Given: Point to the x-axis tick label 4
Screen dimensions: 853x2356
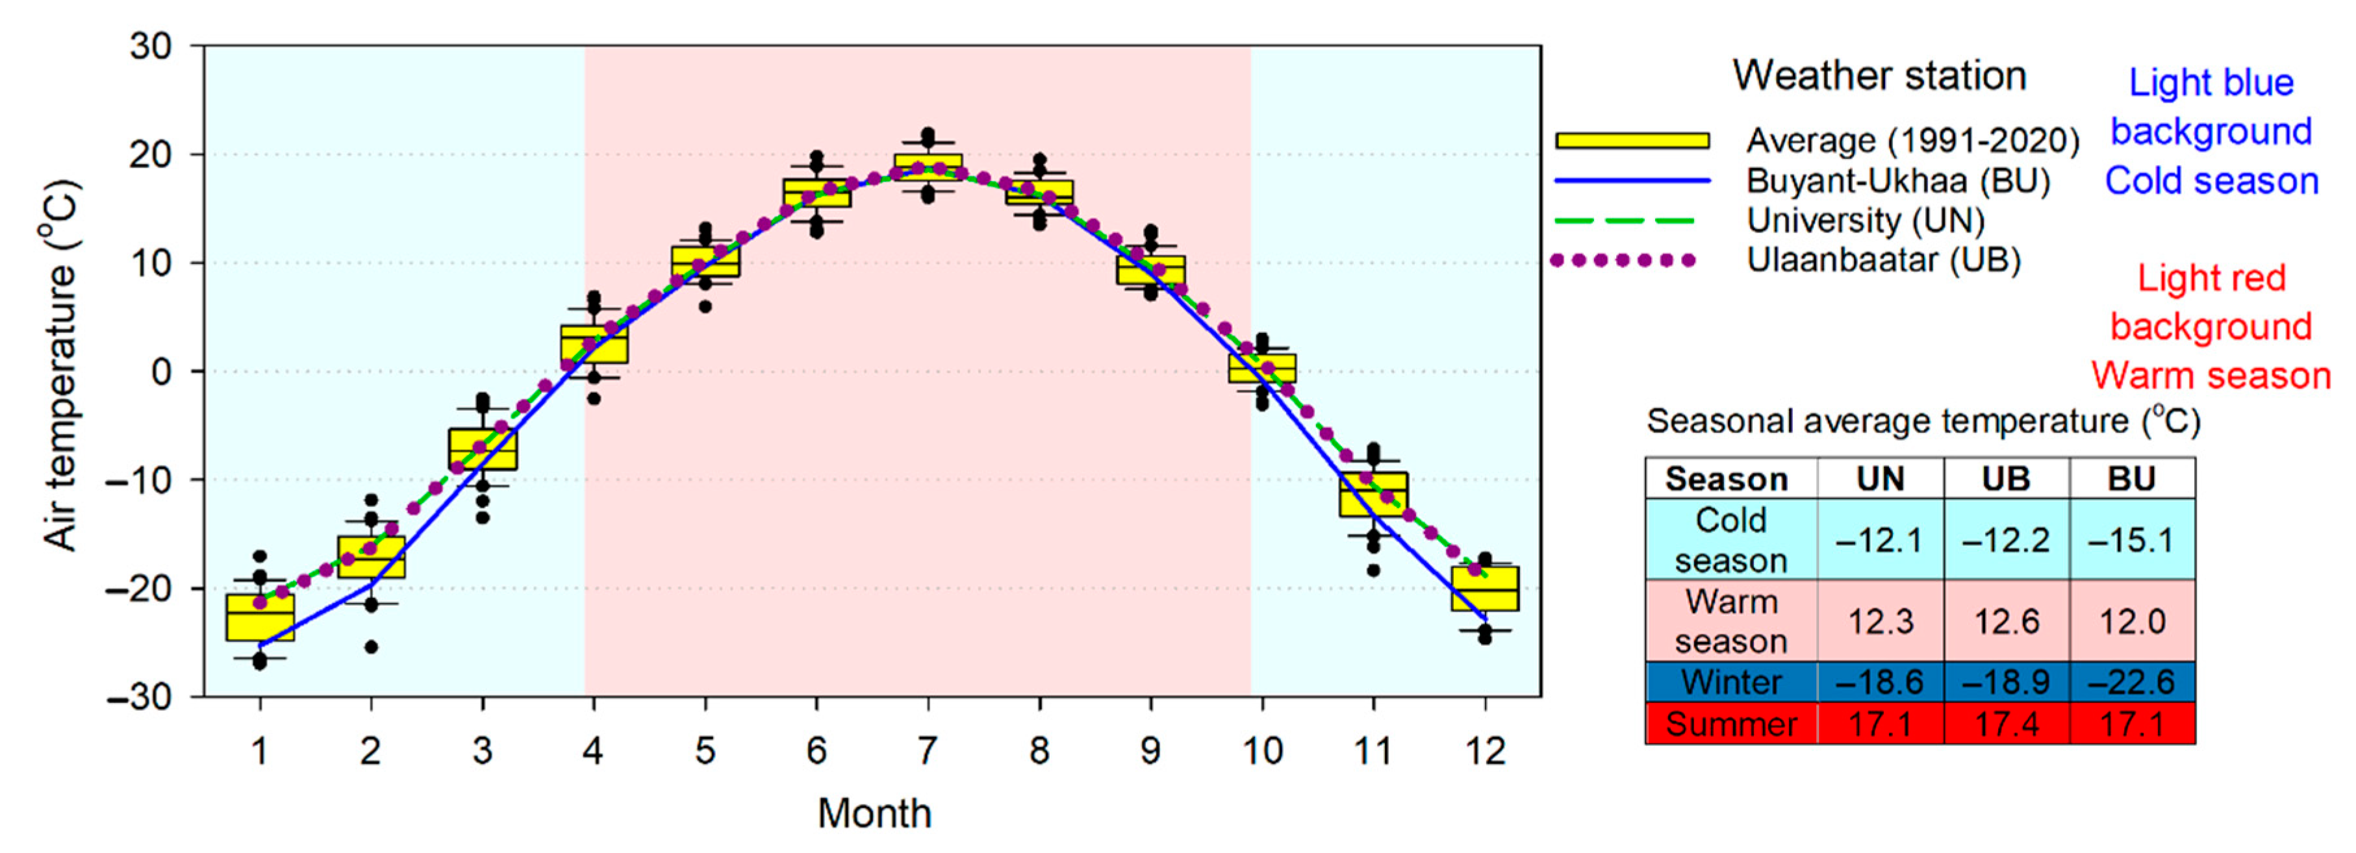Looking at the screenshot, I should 592,752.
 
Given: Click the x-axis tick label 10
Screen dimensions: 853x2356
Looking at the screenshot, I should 1261,752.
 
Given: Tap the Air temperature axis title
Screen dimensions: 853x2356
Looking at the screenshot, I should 61,365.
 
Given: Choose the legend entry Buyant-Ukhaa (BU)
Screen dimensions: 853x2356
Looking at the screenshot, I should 1898,181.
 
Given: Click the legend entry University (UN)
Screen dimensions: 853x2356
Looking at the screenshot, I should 1865,220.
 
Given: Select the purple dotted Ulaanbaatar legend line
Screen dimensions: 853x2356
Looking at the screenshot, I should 1623,260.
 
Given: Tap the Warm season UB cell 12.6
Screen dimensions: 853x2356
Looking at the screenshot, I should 2006,622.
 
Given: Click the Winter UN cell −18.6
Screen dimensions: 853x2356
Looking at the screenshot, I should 1879,682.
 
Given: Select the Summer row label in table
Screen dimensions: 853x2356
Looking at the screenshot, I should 1730,724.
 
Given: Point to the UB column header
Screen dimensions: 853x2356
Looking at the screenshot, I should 2006,479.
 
